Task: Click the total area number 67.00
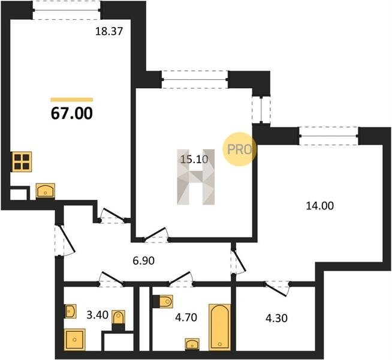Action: pyautogui.click(x=72, y=113)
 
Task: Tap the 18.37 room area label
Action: pyautogui.click(x=109, y=32)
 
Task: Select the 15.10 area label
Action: pyautogui.click(x=194, y=159)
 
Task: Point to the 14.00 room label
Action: pyautogui.click(x=319, y=206)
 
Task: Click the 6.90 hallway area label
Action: pyautogui.click(x=144, y=261)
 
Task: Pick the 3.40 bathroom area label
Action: pyautogui.click(x=98, y=315)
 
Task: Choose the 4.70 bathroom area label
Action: pyautogui.click(x=186, y=317)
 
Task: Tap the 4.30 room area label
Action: pyautogui.click(x=276, y=318)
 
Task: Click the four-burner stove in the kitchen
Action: pyautogui.click(x=22, y=161)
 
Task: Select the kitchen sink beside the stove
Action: pyautogui.click(x=45, y=191)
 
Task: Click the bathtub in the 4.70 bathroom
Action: pyautogui.click(x=219, y=327)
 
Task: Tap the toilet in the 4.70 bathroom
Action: pyautogui.click(x=163, y=301)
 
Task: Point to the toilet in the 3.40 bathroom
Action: pyautogui.click(x=118, y=320)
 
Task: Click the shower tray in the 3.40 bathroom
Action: pyautogui.click(x=75, y=340)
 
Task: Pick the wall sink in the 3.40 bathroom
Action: pyautogui.click(x=71, y=311)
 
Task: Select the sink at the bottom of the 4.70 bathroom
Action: pyautogui.click(x=192, y=344)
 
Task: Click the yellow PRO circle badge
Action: pyautogui.click(x=240, y=149)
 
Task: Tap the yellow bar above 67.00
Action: pyautogui.click(x=72, y=100)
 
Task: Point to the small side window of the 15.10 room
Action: pyautogui.click(x=261, y=110)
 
